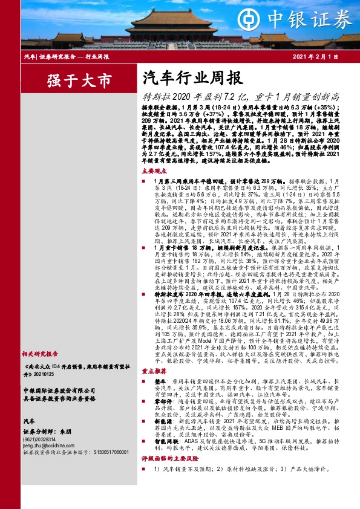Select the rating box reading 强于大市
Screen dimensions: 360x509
coord(71,80)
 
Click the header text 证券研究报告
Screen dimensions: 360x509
coord(59,56)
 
